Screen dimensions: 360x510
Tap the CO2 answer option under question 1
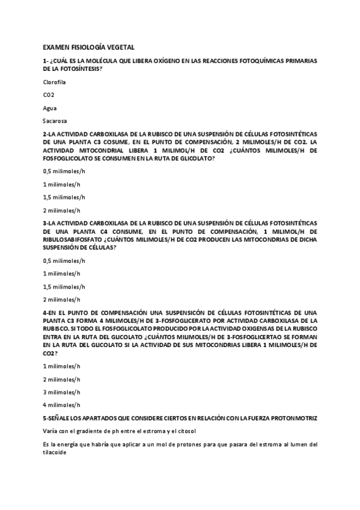[49, 94]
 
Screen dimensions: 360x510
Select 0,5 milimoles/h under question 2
[64, 171]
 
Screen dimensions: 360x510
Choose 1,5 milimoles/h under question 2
[64, 197]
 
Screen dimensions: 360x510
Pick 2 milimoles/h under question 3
[62, 299]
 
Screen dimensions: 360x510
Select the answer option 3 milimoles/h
[62, 392]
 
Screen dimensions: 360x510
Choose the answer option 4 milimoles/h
[62, 405]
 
